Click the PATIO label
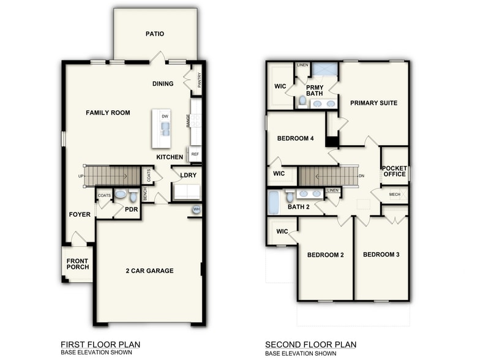point(154,34)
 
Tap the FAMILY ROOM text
point(108,113)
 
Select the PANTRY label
point(200,80)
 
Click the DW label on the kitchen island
point(165,116)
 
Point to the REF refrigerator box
point(195,154)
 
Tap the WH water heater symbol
point(197,209)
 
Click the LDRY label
point(188,175)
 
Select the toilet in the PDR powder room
point(133,196)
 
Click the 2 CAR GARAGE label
point(149,271)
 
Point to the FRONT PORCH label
point(78,263)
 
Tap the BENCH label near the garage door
point(145,195)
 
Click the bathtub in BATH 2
point(274,202)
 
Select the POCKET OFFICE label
point(394,171)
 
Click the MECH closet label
point(395,195)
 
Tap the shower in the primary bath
point(325,69)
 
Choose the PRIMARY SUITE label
point(373,103)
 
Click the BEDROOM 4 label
point(295,138)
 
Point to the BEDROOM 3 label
point(381,254)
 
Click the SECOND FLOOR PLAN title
point(310,345)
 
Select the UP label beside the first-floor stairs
point(81,176)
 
